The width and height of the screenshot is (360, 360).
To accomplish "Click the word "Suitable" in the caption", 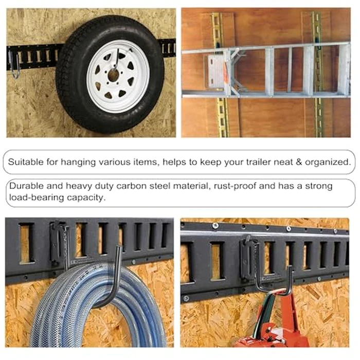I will pyautogui.click(x=25, y=162).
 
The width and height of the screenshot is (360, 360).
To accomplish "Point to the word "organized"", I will pyautogui.click(x=330, y=162).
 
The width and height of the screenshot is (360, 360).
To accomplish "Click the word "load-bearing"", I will pyautogui.click(x=33, y=197).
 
